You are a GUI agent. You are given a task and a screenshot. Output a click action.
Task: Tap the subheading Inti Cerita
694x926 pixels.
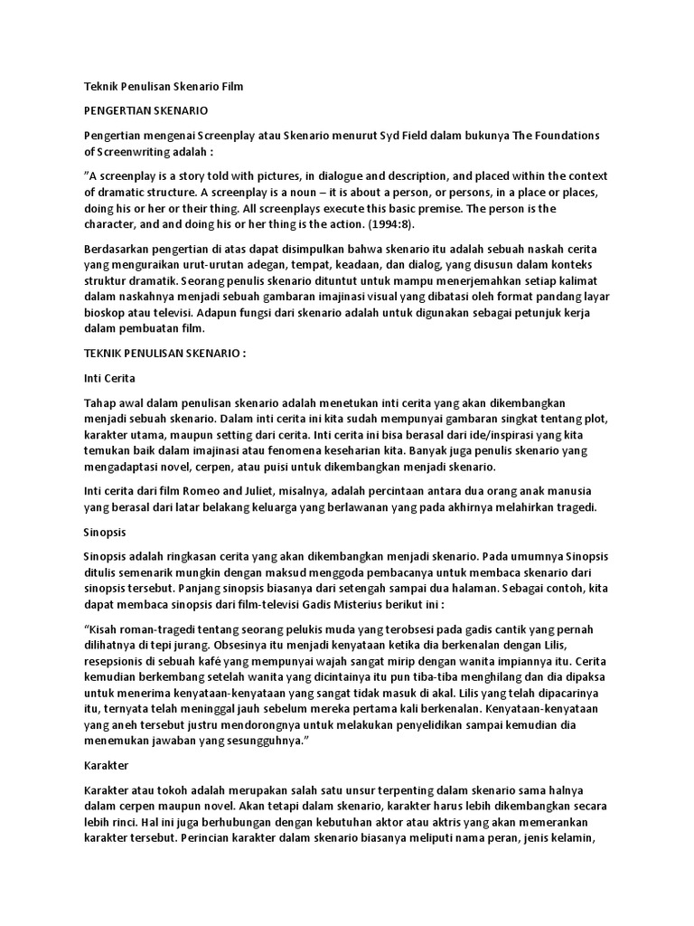click(x=109, y=377)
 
